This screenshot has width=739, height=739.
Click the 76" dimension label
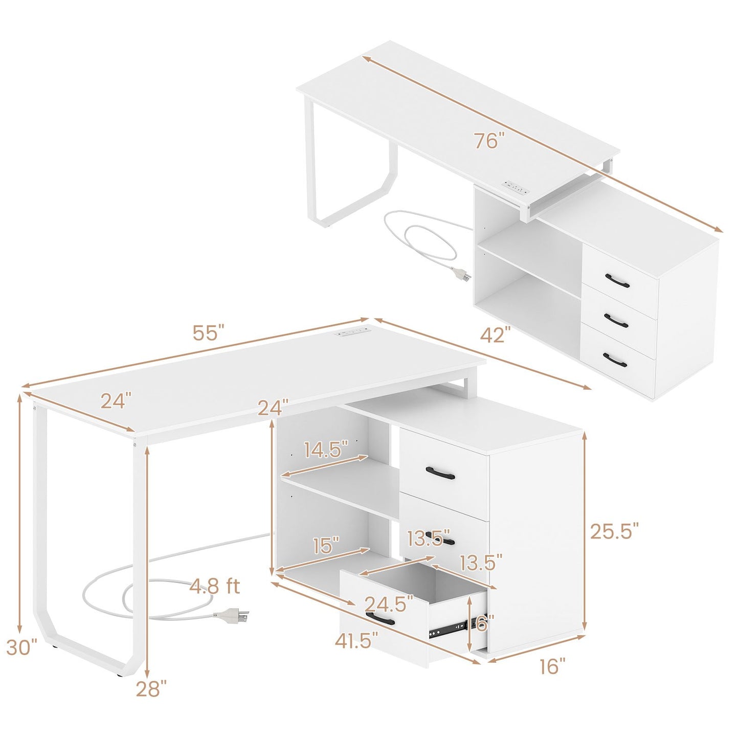tap(489, 140)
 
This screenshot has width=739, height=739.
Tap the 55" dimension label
tap(209, 333)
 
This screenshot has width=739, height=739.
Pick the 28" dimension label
tap(151, 689)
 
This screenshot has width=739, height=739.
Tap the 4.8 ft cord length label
tap(215, 586)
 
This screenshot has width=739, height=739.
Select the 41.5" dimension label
tap(357, 640)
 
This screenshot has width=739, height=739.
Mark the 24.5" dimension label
tap(389, 604)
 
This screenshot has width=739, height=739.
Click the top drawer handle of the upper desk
tap(617, 279)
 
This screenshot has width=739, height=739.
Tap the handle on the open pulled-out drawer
tap(380, 619)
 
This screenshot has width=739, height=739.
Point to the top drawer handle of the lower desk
tap(440, 473)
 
